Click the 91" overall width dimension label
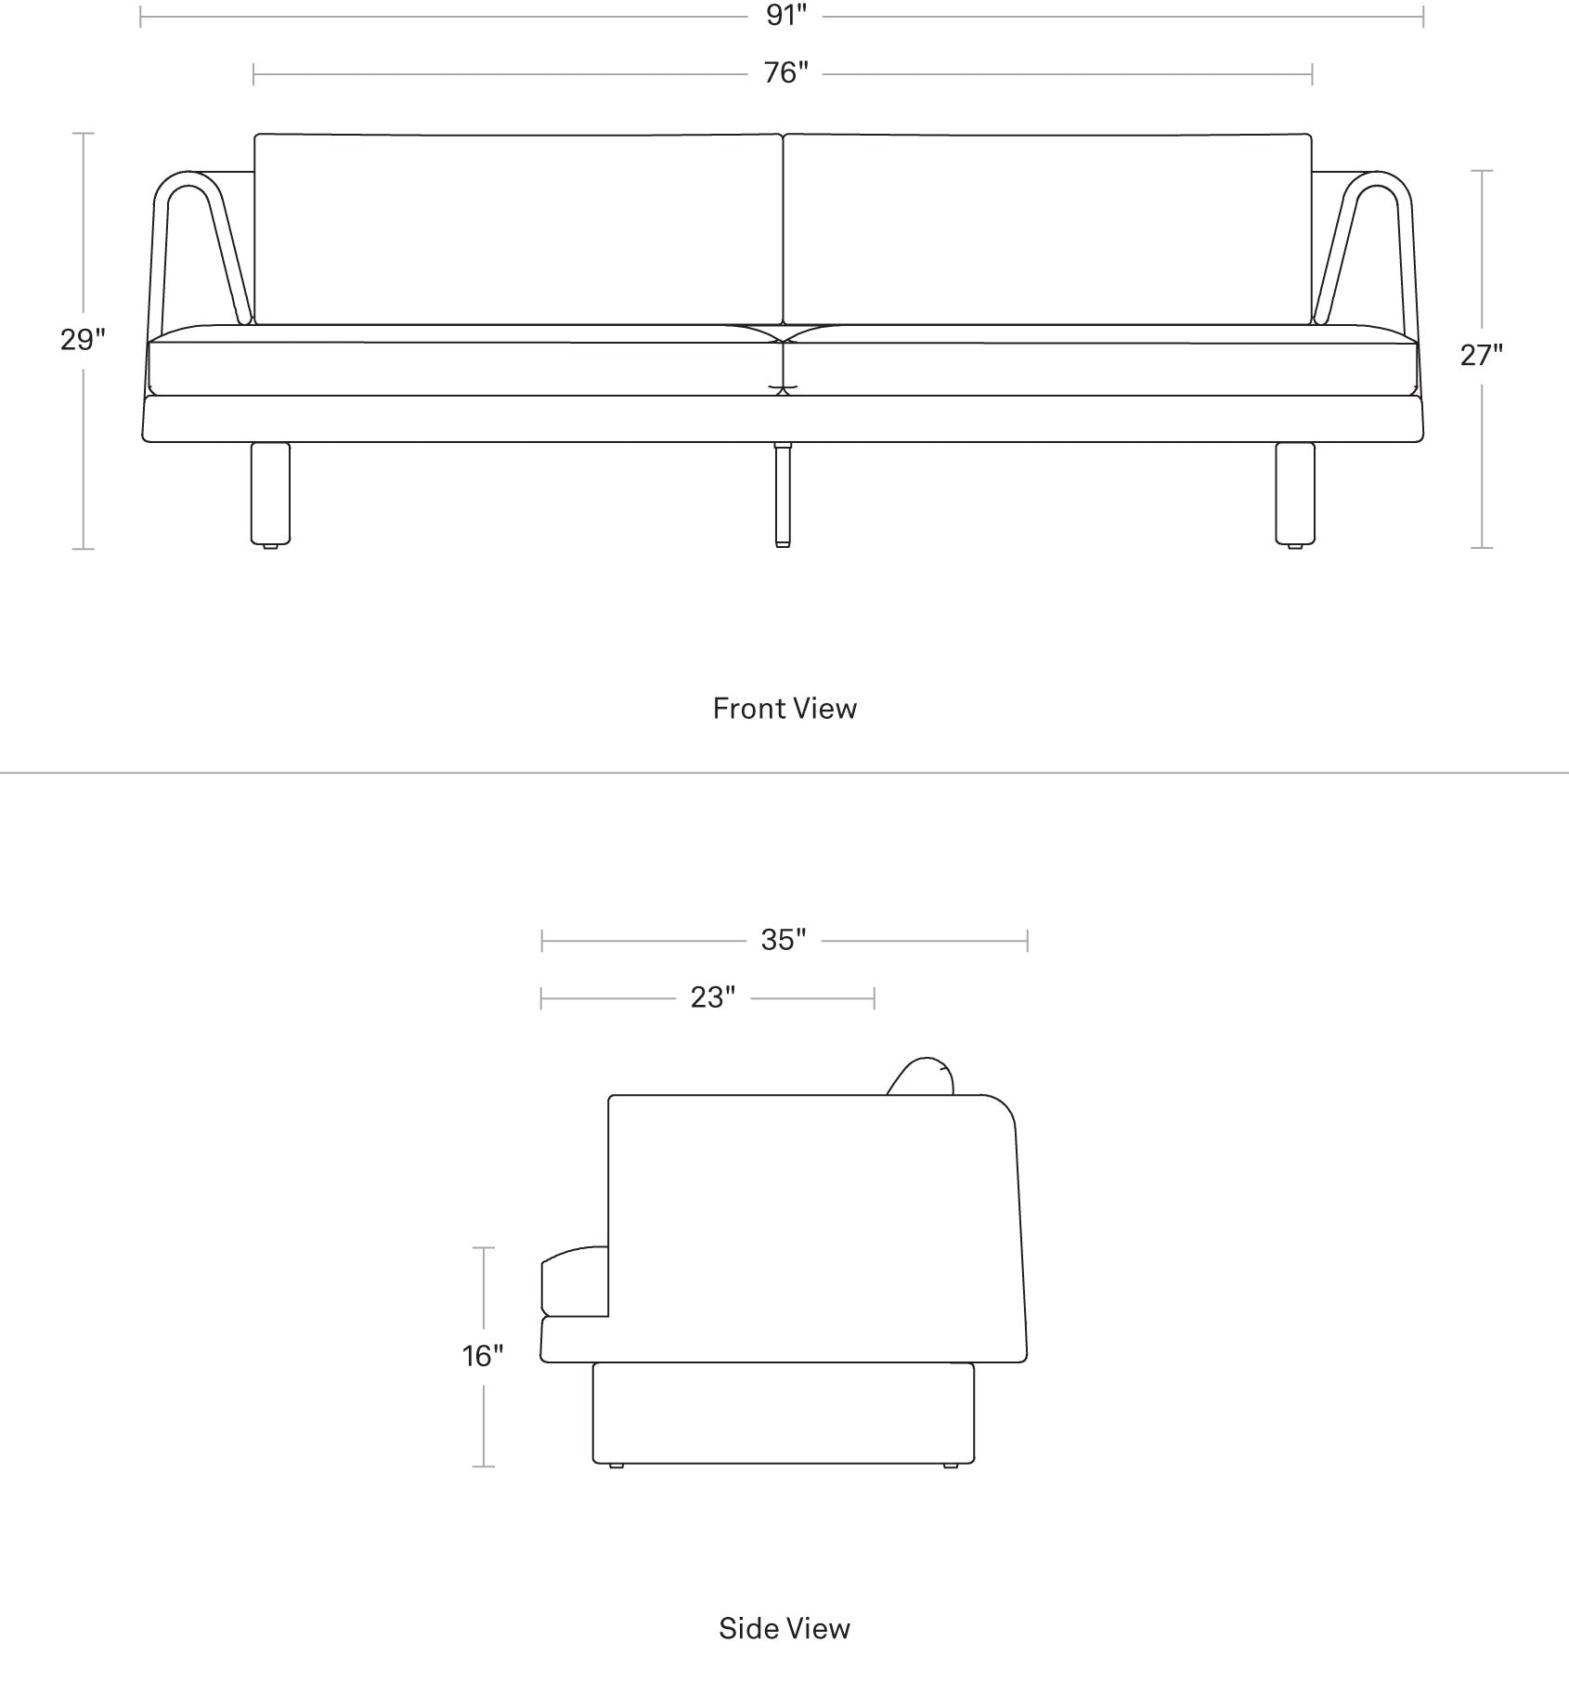point(786,16)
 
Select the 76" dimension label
point(786,72)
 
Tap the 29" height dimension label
point(83,341)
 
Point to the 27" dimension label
point(1481,355)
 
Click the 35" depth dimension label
point(784,941)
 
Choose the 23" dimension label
point(712,997)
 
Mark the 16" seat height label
point(483,1357)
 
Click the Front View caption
point(784,709)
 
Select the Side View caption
point(784,1628)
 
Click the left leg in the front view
point(270,493)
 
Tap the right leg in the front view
point(1295,493)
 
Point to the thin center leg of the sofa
point(783,494)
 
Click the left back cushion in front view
point(518,228)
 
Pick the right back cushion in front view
point(1048,228)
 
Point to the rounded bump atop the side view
point(922,1075)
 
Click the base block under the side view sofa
point(784,1414)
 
